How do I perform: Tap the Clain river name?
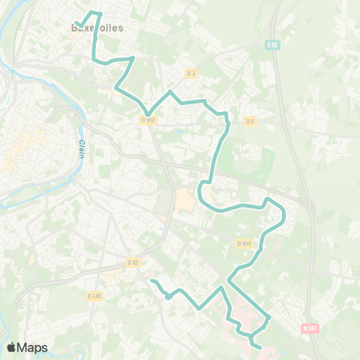click(x=81, y=136)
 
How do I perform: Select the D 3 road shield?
click(x=190, y=73)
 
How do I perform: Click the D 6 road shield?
click(x=250, y=121)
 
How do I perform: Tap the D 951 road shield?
click(x=243, y=243)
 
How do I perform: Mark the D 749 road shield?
click(x=94, y=295)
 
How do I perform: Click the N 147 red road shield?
click(x=310, y=328)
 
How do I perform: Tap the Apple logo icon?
click(x=11, y=347)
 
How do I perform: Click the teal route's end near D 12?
click(x=151, y=281)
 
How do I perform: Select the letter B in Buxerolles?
click(x=73, y=28)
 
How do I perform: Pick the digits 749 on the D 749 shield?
click(x=96, y=295)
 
